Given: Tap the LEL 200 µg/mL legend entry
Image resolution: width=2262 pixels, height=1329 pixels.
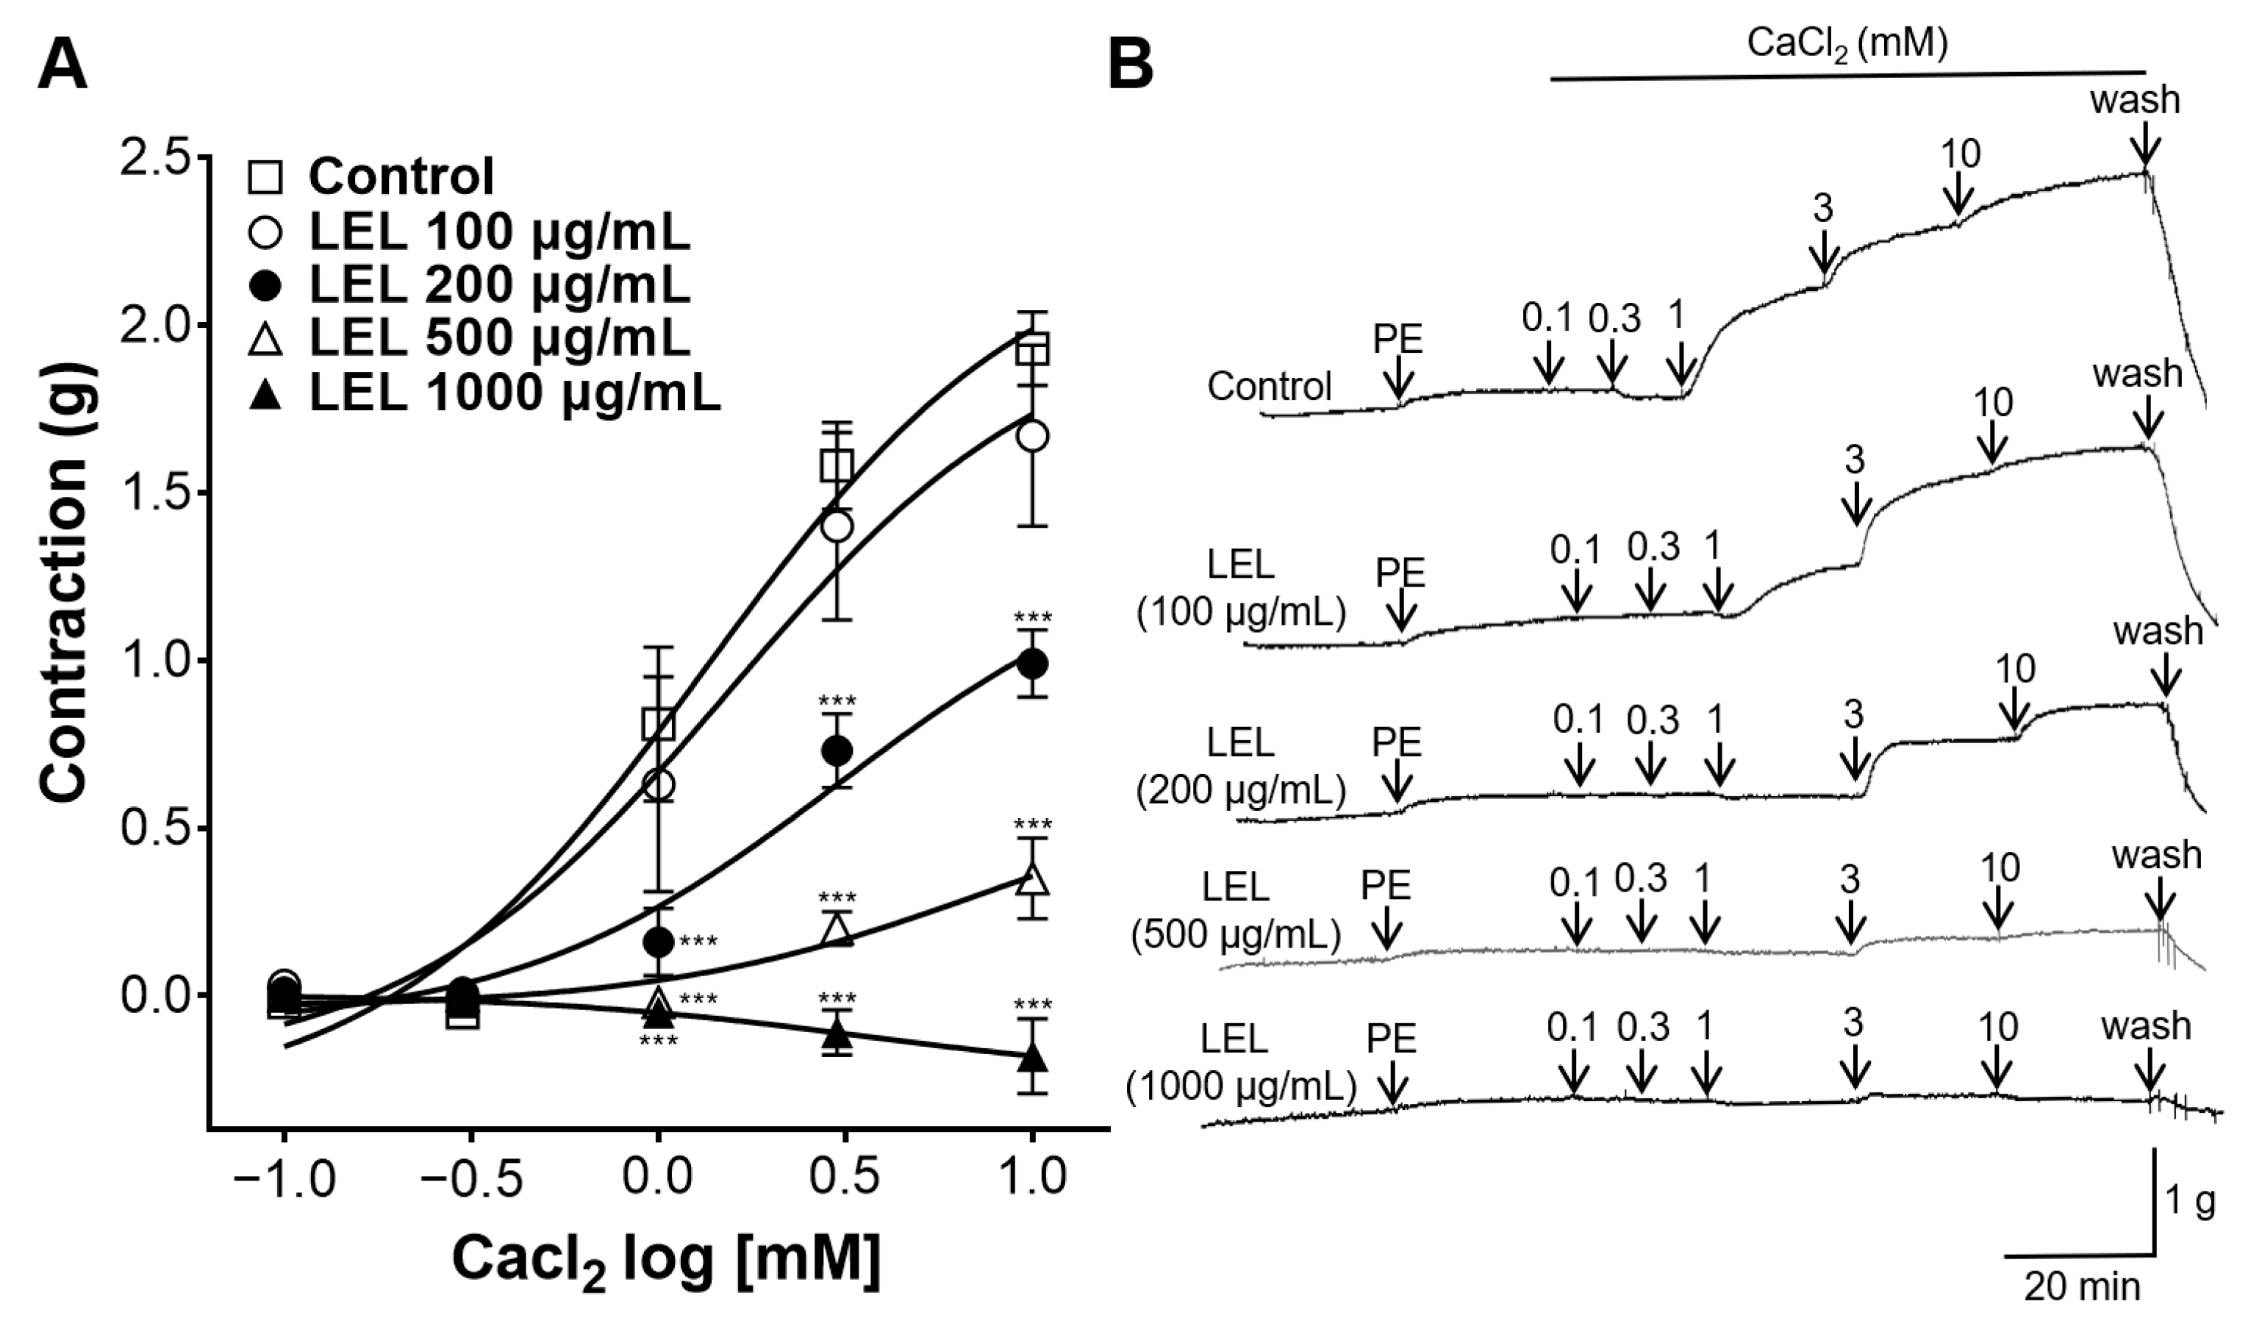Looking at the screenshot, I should click(499, 284).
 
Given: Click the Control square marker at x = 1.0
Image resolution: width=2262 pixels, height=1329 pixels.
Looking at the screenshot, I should click(1033, 350).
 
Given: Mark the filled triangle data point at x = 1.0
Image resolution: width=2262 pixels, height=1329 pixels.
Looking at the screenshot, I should click(1033, 1059).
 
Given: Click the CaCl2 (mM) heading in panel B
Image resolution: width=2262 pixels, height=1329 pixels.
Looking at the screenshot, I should click(1847, 45).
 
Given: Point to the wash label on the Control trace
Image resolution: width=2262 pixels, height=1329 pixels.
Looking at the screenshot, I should click(2135, 101).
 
